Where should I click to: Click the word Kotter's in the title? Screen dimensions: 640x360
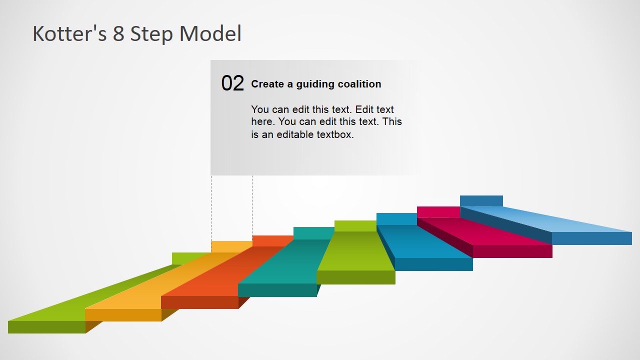tap(69, 33)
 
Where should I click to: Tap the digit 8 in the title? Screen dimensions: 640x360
tap(118, 33)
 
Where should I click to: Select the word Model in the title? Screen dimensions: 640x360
tap(210, 33)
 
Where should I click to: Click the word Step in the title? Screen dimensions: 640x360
tap(151, 35)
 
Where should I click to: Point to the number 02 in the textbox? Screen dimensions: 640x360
tap(232, 83)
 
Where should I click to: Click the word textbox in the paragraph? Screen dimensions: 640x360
tap(335, 134)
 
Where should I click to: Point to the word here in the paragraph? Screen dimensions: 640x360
tap(263, 121)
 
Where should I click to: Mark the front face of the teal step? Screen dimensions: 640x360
tap(277, 290)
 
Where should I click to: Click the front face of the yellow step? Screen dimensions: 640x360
tap(123, 315)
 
